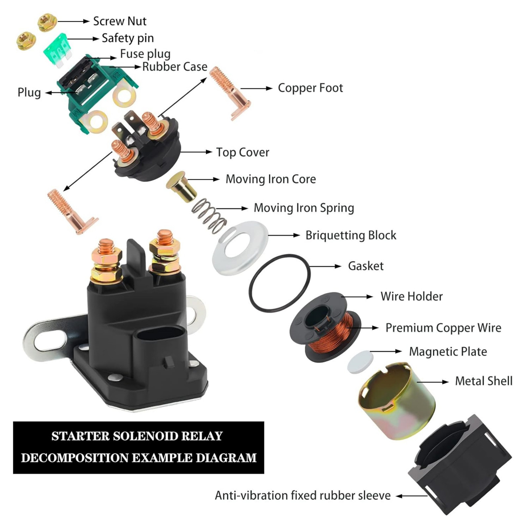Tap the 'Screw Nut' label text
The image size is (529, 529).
(x=120, y=21)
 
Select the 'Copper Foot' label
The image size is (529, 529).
(x=310, y=88)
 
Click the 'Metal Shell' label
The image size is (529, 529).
(x=484, y=381)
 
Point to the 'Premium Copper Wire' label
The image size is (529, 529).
(x=443, y=328)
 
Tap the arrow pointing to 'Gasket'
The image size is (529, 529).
(x=325, y=266)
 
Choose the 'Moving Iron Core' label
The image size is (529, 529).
(x=271, y=179)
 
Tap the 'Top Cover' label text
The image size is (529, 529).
(x=243, y=152)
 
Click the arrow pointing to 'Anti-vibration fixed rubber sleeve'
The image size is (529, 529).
(x=412, y=496)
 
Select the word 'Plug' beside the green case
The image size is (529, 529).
(x=29, y=93)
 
